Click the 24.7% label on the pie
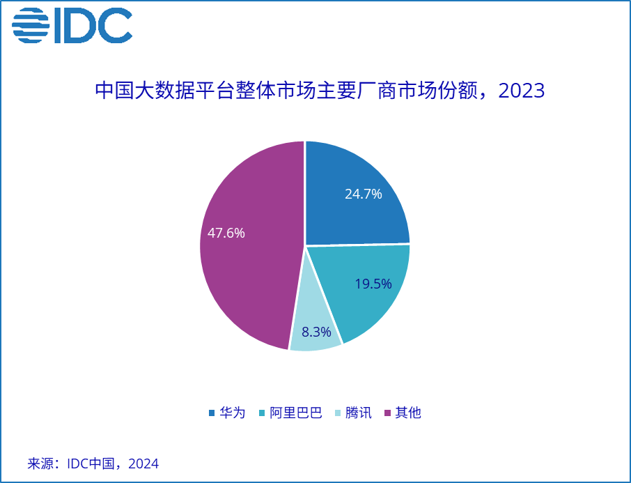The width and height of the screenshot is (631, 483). pos(363,194)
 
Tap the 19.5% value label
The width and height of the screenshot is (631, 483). pos(373,284)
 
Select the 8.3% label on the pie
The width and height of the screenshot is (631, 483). pos(316,332)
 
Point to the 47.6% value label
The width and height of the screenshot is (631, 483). pos(226,233)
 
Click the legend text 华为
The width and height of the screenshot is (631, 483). pos(232,413)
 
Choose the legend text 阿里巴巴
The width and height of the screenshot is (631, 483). pos(296,413)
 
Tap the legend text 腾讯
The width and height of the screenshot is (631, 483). pos(358,413)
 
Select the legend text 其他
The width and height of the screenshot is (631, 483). pos(408,413)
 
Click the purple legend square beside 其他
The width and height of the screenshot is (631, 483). pos(388,413)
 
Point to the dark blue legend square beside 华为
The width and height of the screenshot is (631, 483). pos(212,413)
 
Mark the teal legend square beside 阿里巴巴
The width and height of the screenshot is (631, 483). pos(262,413)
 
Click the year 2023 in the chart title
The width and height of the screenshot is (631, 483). pos(522,91)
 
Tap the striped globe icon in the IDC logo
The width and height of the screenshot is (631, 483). pos(31,25)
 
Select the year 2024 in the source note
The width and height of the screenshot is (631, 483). pos(143,463)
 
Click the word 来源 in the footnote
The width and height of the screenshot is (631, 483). pos(40,463)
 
